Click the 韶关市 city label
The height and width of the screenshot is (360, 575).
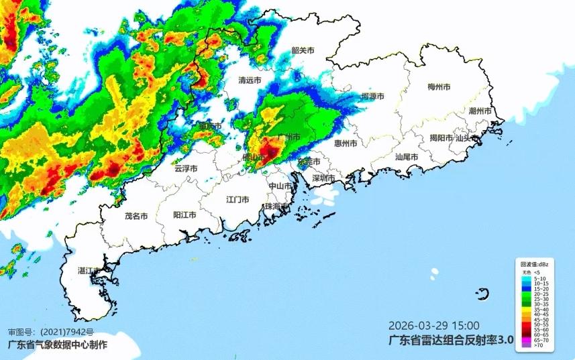(303, 50)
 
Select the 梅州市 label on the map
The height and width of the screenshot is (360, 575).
(439, 87)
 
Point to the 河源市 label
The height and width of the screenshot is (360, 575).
(372, 97)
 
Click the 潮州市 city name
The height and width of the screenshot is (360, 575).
(480, 111)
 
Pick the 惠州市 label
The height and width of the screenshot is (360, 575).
(346, 143)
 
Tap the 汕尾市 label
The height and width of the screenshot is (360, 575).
(407, 157)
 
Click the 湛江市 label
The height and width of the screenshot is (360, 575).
(89, 271)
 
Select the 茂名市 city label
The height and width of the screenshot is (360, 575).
(136, 216)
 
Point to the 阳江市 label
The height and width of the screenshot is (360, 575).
(185, 215)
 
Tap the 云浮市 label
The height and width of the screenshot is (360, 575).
(185, 169)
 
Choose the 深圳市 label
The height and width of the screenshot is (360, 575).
(323, 178)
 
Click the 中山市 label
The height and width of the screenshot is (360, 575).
(280, 186)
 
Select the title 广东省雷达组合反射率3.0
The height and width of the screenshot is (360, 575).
(451, 341)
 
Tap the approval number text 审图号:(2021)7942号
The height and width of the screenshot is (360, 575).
(51, 332)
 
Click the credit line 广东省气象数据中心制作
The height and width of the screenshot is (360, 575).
(56, 345)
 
